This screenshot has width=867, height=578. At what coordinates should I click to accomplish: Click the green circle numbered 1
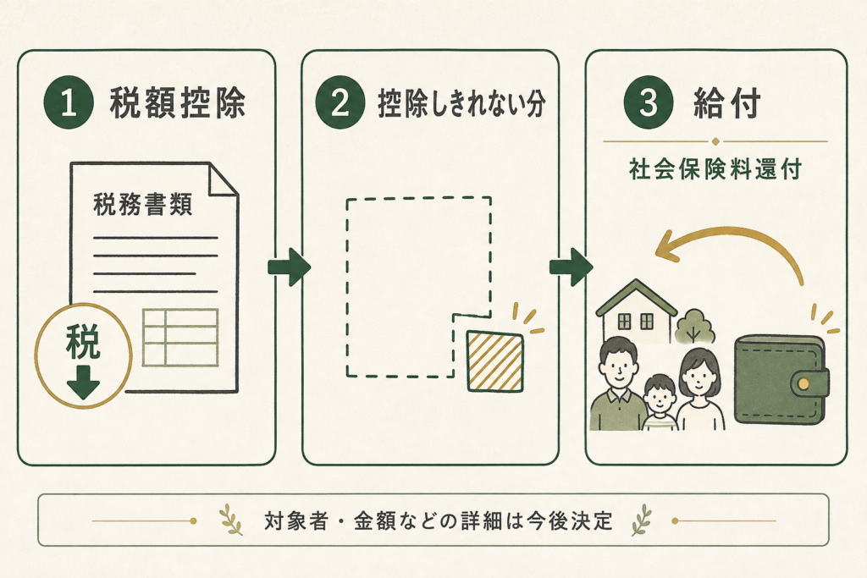(x=69, y=102)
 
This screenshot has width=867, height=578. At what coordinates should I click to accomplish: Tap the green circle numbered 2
(x=340, y=102)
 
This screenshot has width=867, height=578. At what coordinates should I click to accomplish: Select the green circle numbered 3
(x=649, y=102)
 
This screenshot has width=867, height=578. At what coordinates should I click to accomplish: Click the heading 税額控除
(x=178, y=102)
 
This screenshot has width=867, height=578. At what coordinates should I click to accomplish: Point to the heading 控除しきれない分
(x=461, y=103)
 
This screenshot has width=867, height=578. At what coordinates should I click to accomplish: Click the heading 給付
(x=727, y=102)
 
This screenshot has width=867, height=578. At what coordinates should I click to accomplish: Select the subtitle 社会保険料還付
(x=715, y=169)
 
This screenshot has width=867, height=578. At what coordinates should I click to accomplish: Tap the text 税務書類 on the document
(x=142, y=205)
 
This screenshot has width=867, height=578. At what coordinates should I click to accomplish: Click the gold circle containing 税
(x=84, y=355)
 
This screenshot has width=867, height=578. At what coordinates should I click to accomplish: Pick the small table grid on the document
(x=180, y=338)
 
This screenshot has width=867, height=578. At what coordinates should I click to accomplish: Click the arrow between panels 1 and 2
(x=290, y=267)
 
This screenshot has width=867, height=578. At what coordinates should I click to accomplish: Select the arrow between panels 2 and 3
(x=571, y=267)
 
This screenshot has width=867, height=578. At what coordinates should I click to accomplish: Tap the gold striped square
(x=494, y=361)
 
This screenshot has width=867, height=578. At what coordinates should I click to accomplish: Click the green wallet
(x=781, y=380)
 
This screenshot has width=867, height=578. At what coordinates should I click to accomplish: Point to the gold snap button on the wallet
(x=804, y=383)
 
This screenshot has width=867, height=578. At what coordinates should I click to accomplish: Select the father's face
(x=619, y=369)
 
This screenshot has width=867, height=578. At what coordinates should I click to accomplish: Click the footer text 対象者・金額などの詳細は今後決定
(x=439, y=521)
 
